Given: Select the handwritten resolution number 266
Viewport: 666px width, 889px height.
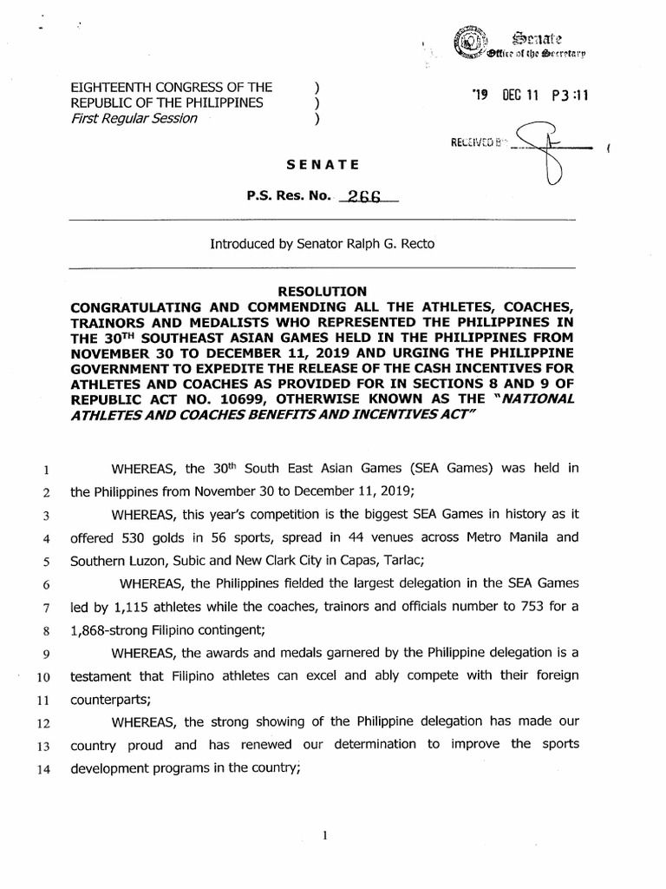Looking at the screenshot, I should pos(364,197).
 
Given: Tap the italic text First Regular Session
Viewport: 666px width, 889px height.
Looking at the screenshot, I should pos(134,118).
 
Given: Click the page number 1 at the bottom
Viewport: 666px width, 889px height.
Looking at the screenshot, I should pos(323,836).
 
